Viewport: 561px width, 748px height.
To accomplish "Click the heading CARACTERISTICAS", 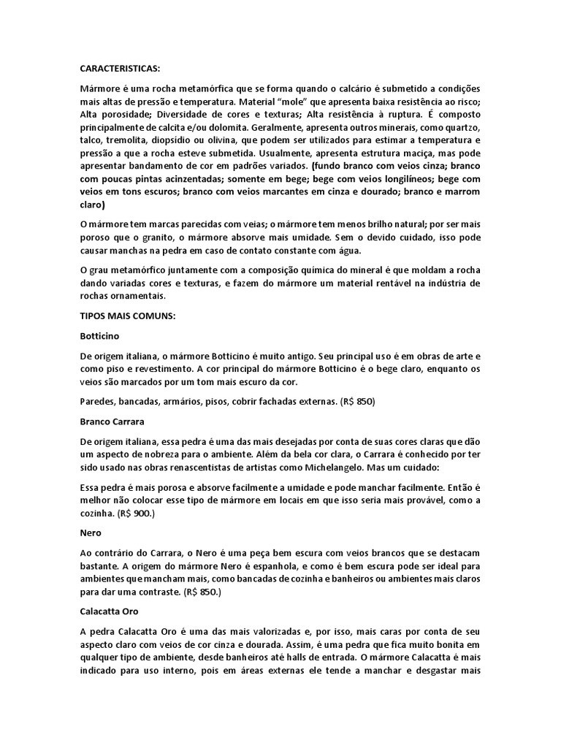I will pos(119,67).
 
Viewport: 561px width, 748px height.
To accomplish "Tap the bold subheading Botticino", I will pos(99,336).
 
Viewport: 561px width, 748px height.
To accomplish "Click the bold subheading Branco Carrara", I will pos(112,421).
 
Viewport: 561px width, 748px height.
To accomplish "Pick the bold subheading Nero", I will pos(90,533).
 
